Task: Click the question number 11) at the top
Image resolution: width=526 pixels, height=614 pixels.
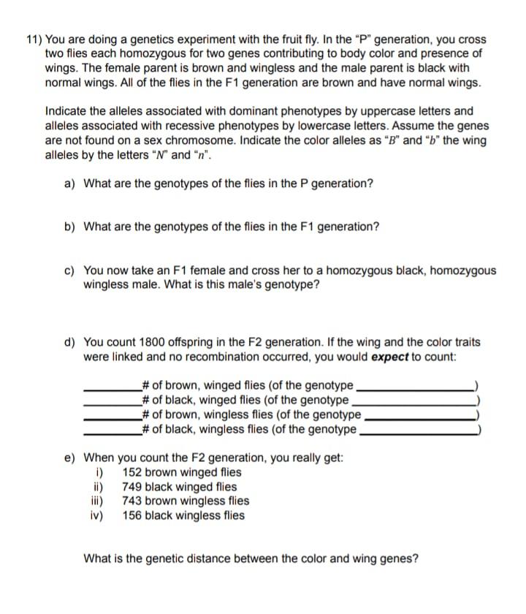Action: coord(34,39)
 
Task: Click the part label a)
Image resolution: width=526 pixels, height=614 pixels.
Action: coord(71,183)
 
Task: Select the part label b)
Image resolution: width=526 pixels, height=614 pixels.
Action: coord(71,227)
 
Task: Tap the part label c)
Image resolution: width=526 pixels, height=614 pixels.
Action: coord(71,270)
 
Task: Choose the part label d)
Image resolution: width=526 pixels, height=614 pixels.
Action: coord(71,342)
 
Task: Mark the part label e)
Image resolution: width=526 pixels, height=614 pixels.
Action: coord(71,458)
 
